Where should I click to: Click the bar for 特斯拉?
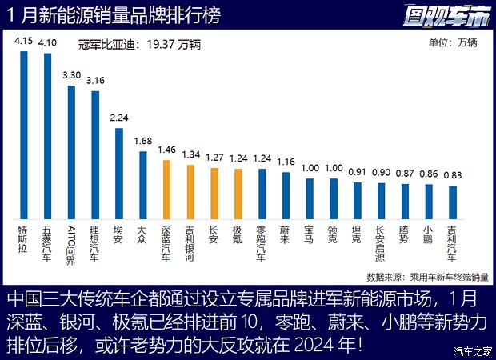click(x=24, y=134)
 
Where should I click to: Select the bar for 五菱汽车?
click(x=48, y=135)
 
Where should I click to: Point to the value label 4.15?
click(x=24, y=40)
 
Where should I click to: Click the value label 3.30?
click(x=71, y=74)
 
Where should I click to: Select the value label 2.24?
click(x=118, y=118)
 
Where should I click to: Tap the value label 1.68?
click(x=142, y=141)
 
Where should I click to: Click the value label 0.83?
click(x=454, y=175)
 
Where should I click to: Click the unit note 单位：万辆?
click(x=452, y=44)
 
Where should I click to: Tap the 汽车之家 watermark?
click(x=472, y=350)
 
